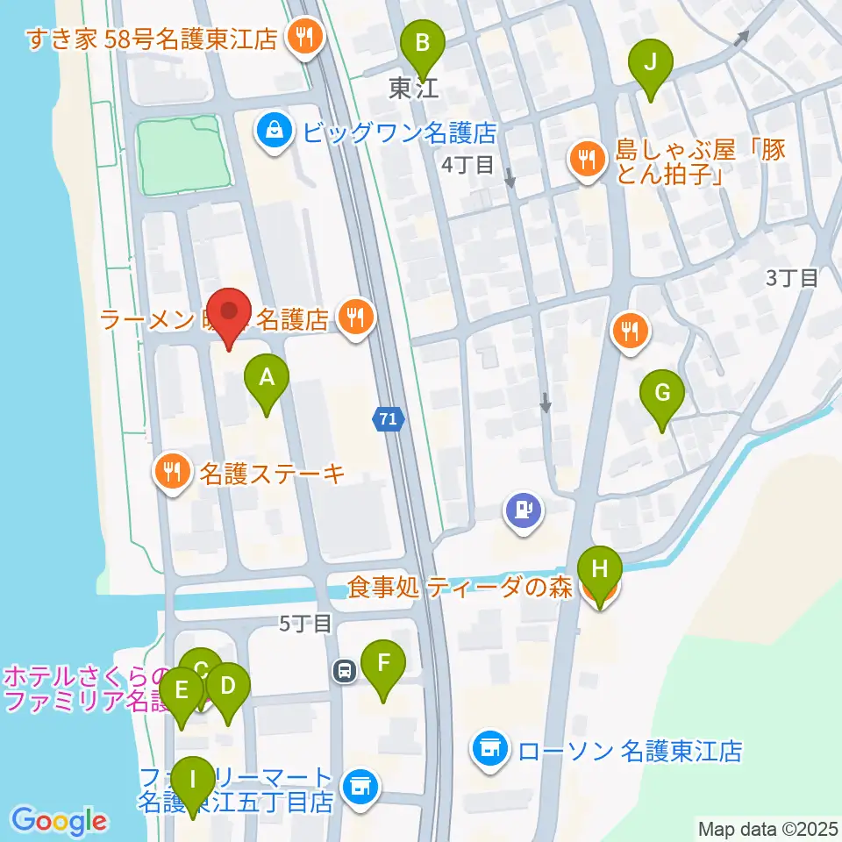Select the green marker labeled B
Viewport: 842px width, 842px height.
[x=423, y=44]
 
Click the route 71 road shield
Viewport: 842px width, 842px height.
[x=389, y=420]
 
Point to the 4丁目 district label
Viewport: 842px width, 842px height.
[x=467, y=164]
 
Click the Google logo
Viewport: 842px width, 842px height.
[x=59, y=822]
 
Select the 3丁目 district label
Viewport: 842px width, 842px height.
[x=792, y=279]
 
